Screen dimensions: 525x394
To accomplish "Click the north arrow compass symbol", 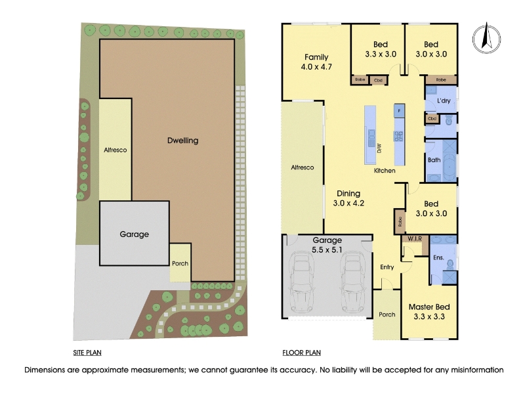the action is pos(486,38).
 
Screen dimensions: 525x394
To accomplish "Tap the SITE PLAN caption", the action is pos(87,353).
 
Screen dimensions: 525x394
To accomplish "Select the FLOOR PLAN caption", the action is pos(301,353).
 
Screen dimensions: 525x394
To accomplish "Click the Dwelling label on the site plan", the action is pos(183,141).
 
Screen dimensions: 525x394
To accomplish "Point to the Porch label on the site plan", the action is pos(180,263).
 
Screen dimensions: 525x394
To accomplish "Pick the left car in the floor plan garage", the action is pos(302,282).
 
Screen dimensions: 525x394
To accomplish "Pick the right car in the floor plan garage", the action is pos(352,282).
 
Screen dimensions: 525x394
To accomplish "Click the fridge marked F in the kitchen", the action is pos(399,110).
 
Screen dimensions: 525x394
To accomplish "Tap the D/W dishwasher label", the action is pos(379,148).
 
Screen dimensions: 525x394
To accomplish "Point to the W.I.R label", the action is pos(414,239).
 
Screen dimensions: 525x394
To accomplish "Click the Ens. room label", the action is pos(438,257).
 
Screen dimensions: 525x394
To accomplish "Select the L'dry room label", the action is pos(444,100).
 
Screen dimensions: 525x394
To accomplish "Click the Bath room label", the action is pos(434,160).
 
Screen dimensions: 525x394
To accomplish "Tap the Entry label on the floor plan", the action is pos(387,267).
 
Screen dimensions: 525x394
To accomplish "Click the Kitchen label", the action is pos(385,171).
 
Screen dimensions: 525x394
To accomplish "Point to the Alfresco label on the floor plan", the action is pos(303,167).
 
